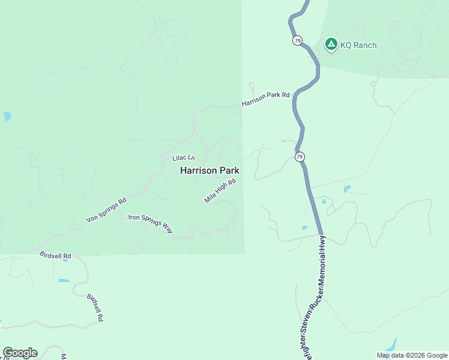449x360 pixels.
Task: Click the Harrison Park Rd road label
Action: (266, 99)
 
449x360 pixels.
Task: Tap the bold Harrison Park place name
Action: (209, 170)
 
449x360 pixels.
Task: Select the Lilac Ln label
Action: (184, 157)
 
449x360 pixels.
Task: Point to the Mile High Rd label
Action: (220, 190)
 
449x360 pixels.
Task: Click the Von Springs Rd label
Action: (106, 210)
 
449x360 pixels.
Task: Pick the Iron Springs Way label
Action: (150, 223)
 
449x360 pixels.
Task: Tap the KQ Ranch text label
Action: (358, 45)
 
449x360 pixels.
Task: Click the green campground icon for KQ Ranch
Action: (330, 44)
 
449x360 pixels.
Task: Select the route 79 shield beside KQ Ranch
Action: (298, 40)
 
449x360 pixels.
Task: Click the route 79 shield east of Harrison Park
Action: (300, 157)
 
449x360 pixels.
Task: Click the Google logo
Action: (20, 353)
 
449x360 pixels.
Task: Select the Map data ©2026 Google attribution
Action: (411, 355)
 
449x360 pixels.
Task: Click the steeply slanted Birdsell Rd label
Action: (95, 308)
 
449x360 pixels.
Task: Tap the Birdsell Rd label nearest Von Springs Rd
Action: (55, 254)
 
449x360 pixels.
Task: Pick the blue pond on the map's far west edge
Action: (7, 116)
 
